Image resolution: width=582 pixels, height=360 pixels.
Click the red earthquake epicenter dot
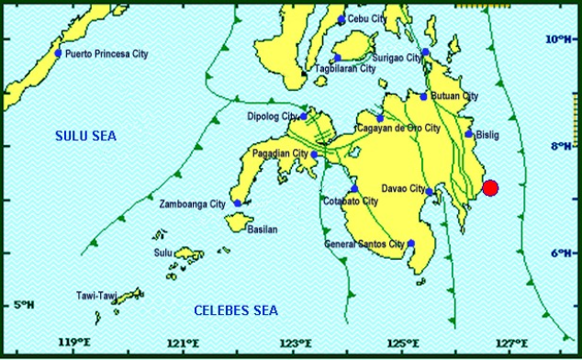click(x=490, y=188)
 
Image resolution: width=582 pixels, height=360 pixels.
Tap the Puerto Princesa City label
click(x=106, y=54)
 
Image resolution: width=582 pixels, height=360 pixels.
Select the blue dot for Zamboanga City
click(x=238, y=204)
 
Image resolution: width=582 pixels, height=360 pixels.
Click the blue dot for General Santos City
click(x=411, y=243)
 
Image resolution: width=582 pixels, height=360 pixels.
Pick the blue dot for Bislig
click(x=469, y=134)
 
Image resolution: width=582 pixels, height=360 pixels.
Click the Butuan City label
click(x=456, y=96)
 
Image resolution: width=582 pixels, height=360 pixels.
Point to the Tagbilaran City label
click(x=345, y=69)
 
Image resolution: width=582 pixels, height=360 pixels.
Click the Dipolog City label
click(x=273, y=117)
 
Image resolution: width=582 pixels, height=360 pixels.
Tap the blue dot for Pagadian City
click(x=313, y=154)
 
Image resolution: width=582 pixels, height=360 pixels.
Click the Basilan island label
click(x=263, y=230)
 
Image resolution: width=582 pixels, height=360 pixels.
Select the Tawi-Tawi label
click(x=96, y=296)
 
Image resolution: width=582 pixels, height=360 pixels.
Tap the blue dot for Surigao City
click(x=426, y=52)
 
